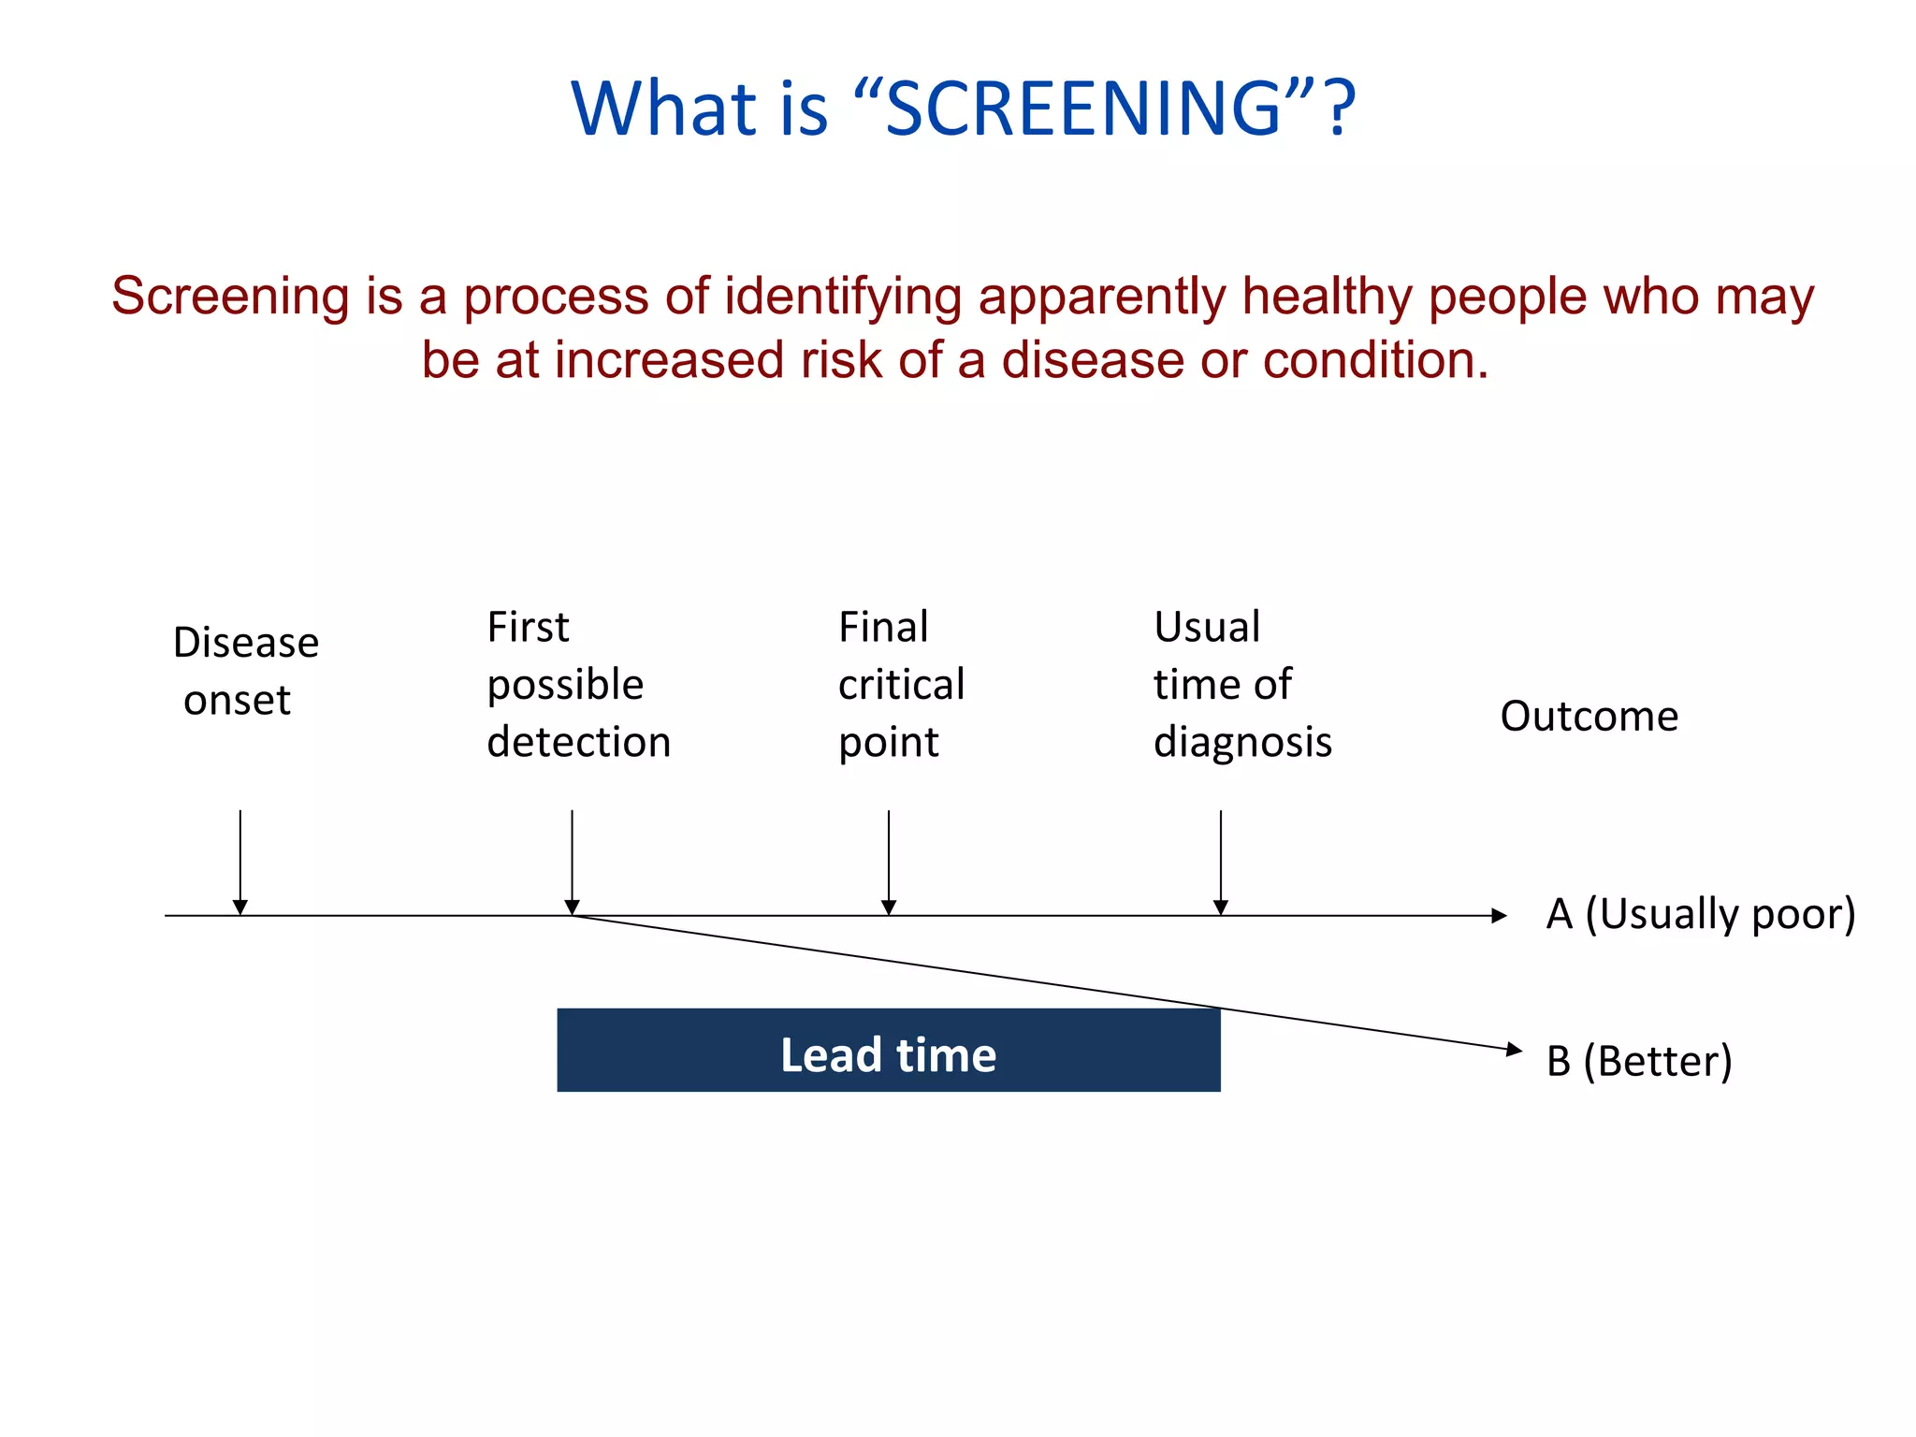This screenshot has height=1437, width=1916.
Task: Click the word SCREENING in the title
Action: point(1082,109)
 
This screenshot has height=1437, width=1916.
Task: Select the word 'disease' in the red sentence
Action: point(1093,360)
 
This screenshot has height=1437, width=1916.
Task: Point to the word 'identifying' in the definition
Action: point(842,297)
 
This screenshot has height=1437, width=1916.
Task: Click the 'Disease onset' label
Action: point(245,671)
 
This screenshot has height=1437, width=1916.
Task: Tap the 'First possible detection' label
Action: point(578,685)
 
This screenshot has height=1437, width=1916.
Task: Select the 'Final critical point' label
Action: point(900,685)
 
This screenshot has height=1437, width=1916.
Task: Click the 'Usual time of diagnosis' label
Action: point(1241,685)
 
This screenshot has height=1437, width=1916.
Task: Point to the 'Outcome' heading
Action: point(1589,717)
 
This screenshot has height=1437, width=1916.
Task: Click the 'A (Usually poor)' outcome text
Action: point(1700,914)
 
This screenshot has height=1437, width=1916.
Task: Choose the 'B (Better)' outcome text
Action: point(1639,1061)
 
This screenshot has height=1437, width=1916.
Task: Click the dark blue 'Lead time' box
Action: point(888,1051)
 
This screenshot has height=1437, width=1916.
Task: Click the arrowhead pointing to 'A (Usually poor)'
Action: point(1499,916)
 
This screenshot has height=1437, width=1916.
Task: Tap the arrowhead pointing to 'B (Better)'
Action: point(1514,1050)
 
